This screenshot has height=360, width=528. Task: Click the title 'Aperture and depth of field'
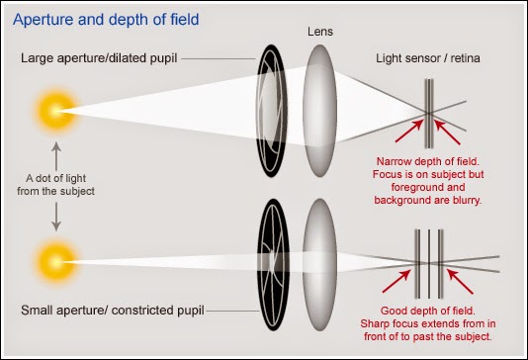106,20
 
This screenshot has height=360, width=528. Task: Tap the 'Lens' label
320,32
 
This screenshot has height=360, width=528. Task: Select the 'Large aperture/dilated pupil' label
99,58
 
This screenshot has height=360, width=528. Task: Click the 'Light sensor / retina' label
428,58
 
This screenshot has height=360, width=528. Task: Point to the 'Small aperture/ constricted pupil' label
113,311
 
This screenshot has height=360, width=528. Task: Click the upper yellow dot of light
56,110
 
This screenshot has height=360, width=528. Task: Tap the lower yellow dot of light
56,262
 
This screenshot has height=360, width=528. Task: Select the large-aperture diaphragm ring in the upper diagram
272,111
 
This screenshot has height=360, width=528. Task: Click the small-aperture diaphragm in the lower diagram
273,264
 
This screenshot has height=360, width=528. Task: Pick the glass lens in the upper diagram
320,111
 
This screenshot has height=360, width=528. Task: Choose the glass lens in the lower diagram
320,264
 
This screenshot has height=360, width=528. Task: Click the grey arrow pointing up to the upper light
56,156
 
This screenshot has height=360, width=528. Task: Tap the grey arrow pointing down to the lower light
56,217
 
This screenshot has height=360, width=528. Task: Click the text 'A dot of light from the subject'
56,185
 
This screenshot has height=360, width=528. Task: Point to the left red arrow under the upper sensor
408,131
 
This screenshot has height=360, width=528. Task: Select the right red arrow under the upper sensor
448,133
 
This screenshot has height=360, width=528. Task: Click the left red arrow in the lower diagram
396,281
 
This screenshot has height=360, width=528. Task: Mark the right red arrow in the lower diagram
460,282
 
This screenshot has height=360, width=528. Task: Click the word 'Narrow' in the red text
395,161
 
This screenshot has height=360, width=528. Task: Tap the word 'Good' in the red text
394,311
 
